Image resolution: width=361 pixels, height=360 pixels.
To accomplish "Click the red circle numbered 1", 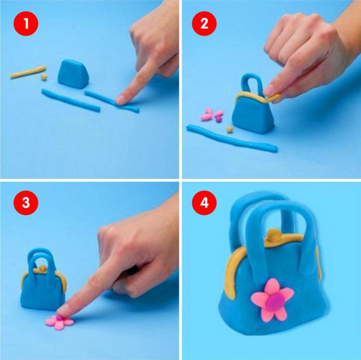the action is tap(26, 24).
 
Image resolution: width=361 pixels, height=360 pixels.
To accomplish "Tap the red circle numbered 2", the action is tap(204, 24).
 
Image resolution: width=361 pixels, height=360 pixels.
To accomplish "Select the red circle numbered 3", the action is tap(26, 203).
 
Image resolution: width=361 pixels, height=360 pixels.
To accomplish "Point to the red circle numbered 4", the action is tap(204, 203).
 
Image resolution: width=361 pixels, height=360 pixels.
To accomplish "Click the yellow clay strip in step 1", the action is tap(28, 72).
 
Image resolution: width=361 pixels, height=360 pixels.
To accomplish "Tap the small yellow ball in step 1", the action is tap(44, 77).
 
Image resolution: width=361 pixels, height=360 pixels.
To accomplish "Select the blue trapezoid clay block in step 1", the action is tap(73, 74).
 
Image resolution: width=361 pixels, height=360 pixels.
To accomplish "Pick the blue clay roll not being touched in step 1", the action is tap(71, 100).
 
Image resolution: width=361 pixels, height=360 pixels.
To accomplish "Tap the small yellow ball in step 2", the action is tap(230, 130).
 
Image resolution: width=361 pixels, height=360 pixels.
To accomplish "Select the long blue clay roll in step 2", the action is tap(232, 138).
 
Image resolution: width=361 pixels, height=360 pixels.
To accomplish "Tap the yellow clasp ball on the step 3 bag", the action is tap(42, 268).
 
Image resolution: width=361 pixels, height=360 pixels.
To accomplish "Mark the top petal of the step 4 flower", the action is tap(273, 286).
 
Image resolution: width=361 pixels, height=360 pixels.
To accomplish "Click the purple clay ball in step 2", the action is tap(219, 119).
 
